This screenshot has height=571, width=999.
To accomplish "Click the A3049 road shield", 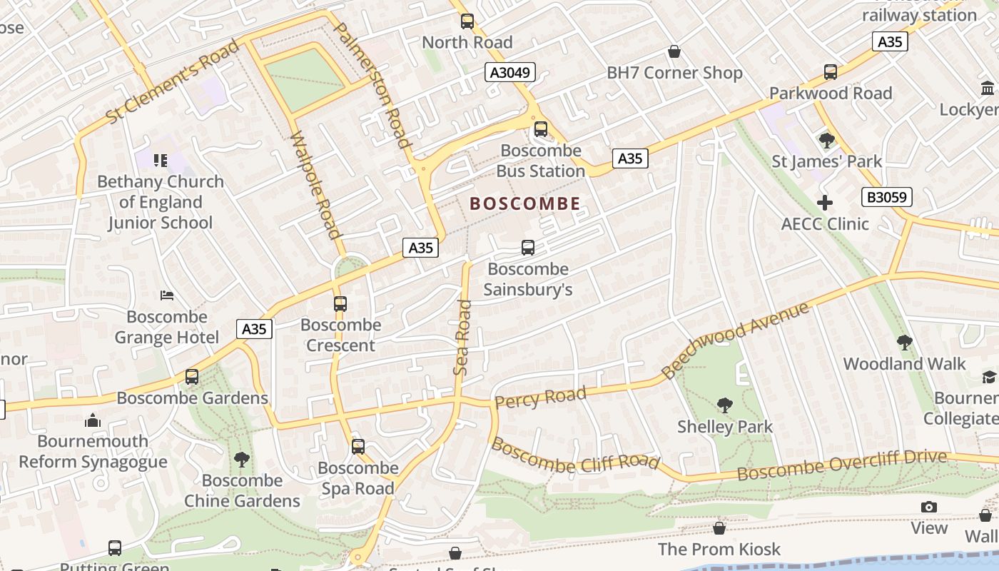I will point(511,72).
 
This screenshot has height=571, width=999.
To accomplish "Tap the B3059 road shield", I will point(886,197).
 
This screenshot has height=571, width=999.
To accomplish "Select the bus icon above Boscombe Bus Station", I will point(541,129).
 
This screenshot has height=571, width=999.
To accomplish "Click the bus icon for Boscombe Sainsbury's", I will point(528,248).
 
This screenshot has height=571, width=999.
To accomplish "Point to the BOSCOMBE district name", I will point(525,204).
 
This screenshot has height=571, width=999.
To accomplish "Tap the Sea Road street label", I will point(463,338).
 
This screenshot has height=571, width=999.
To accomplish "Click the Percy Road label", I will point(540,397).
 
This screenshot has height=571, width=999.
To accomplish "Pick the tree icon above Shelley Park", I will point(725,405).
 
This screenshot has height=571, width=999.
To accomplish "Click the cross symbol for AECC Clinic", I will point(825,203).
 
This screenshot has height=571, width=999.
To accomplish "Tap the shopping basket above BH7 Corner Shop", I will point(674,51).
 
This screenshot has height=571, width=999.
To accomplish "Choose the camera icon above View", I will point(928,507).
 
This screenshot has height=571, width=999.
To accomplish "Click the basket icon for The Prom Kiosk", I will point(719,528).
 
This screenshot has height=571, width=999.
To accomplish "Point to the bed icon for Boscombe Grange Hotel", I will point(167,295).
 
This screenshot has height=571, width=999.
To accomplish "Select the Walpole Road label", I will point(315,184).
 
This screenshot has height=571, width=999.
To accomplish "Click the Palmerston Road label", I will point(372,86).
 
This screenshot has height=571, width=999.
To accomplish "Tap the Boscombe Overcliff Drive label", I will point(842,465).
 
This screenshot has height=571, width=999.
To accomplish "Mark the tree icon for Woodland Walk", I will point(904,343).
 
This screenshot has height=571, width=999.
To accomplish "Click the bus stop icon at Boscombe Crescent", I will point(340,303).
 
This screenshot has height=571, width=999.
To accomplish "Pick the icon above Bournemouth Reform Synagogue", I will point(93,420).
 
